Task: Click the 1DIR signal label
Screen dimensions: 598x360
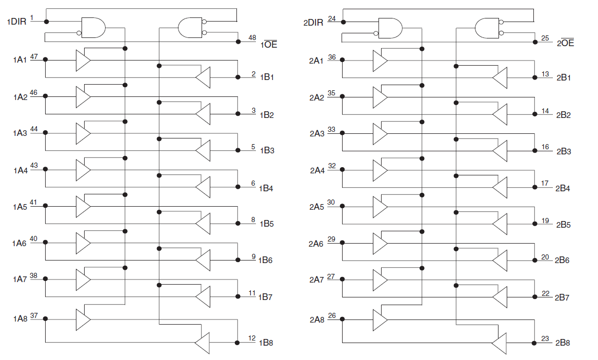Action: (x=16, y=22)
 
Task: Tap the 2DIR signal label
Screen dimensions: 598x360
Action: (x=313, y=23)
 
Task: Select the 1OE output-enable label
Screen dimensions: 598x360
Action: (x=269, y=44)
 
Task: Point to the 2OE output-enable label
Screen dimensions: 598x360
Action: (x=565, y=43)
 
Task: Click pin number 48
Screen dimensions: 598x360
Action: (x=252, y=37)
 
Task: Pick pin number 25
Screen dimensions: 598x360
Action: (x=545, y=38)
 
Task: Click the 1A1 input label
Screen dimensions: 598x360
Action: (x=20, y=60)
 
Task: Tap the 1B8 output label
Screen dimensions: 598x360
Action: (x=266, y=343)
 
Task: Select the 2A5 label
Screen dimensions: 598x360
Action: (x=316, y=207)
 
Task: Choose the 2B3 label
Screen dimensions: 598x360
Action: (x=564, y=151)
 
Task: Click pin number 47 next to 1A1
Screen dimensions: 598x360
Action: (x=34, y=56)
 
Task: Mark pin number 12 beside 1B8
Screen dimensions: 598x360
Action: (x=252, y=338)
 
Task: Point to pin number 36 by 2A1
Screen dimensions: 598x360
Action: (x=332, y=57)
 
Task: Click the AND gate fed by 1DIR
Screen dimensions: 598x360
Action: (x=93, y=28)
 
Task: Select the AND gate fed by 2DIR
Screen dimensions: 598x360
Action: (x=390, y=28)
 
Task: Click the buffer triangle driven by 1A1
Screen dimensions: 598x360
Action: (x=83, y=60)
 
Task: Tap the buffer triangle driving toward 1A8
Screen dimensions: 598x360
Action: (x=203, y=343)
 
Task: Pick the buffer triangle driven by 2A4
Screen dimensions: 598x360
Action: (x=380, y=170)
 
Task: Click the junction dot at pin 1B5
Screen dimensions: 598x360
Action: (x=238, y=224)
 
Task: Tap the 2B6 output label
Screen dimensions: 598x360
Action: (x=562, y=260)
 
